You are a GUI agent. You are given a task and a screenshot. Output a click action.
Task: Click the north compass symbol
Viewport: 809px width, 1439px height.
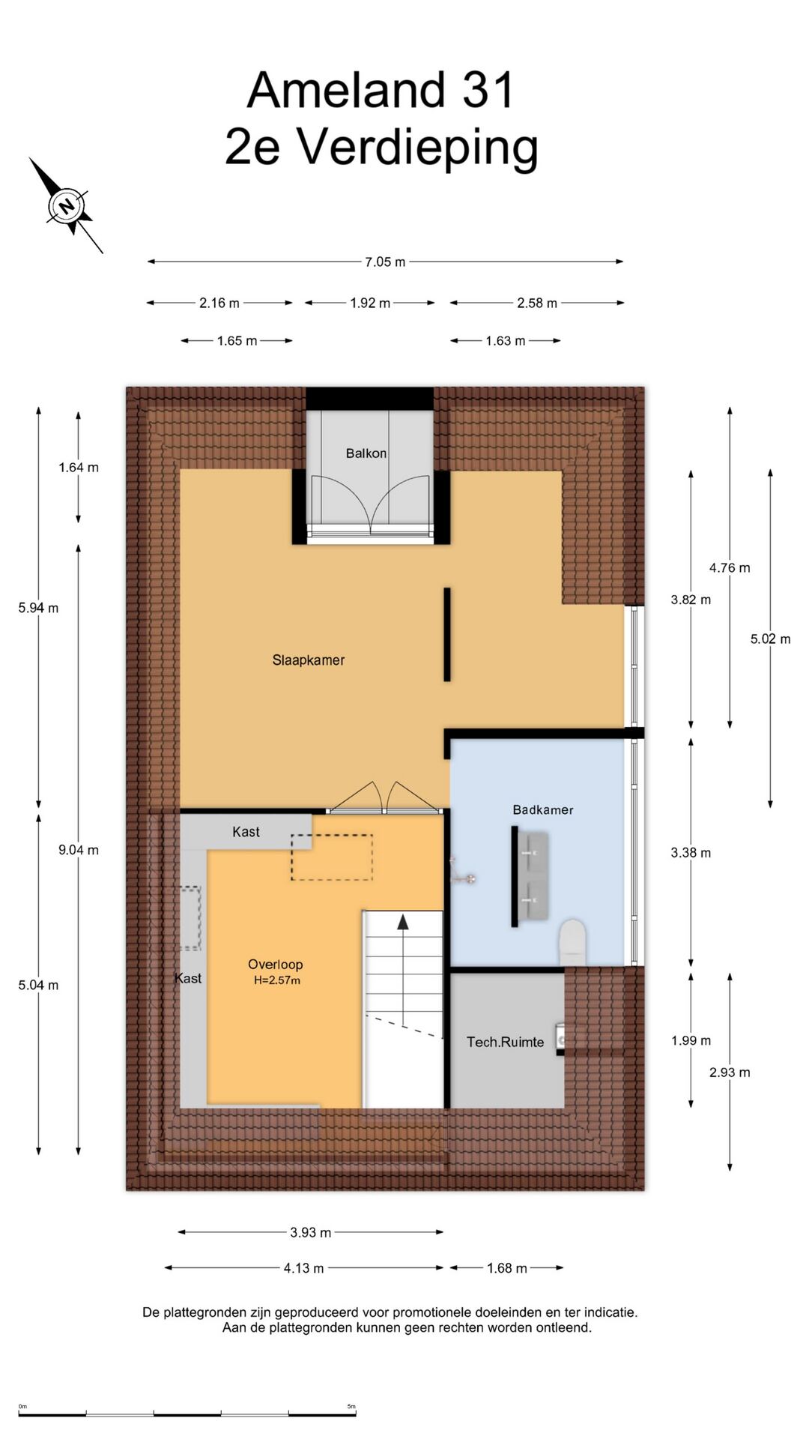tap(67, 205)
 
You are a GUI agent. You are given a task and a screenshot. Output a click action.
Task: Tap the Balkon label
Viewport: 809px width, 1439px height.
tap(366, 453)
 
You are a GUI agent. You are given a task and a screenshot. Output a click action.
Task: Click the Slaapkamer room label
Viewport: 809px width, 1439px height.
tap(309, 660)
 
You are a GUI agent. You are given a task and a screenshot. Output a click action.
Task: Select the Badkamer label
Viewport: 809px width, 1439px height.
tap(543, 810)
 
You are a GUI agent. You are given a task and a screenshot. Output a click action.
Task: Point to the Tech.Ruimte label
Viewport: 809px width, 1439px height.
tap(506, 1042)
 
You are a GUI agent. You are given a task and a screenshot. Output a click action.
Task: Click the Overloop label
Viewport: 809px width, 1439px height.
tap(276, 965)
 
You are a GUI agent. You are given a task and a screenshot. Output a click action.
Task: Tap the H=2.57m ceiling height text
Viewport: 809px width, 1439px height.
tap(277, 980)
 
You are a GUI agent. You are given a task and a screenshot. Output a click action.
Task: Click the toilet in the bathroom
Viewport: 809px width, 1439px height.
tap(573, 943)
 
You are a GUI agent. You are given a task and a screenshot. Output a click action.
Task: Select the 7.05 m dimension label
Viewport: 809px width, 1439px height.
tap(385, 262)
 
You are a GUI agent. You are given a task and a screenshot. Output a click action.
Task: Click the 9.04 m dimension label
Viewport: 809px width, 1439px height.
tap(79, 850)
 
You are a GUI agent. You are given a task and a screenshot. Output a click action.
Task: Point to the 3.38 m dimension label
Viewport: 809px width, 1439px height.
tap(691, 853)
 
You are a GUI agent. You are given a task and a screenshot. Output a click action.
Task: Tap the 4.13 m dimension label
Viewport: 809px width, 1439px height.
tap(303, 1268)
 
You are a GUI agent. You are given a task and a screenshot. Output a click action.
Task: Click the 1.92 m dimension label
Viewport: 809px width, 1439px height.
tap(370, 304)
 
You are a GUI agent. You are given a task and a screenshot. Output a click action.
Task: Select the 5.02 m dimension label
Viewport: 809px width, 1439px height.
tap(770, 639)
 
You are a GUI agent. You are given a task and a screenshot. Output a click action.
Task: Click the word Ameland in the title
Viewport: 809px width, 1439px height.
tap(347, 91)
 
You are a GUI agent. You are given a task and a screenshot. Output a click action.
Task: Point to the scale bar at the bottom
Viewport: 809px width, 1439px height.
tap(187, 1415)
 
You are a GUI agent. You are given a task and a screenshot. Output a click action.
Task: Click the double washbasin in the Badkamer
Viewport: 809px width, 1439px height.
tap(533, 876)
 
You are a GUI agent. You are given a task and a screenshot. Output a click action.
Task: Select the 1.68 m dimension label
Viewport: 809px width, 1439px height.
tap(507, 1268)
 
